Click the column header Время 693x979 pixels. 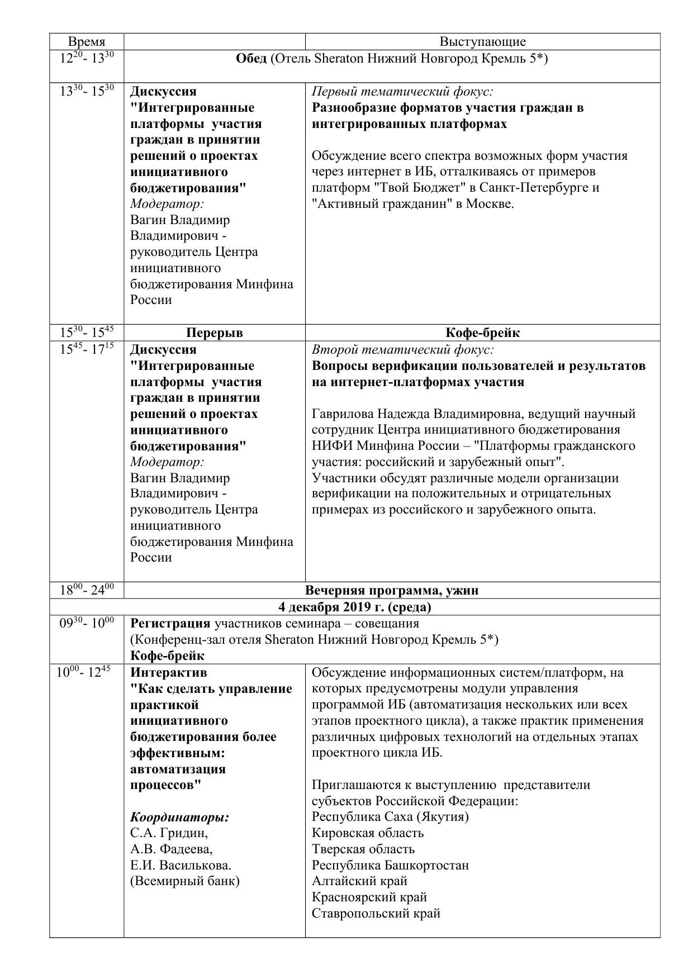[x=87, y=42]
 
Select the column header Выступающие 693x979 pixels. [x=482, y=42]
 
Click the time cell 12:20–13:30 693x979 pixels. [x=87, y=59]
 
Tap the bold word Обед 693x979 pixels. [x=251, y=59]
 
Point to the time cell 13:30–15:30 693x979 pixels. [x=87, y=92]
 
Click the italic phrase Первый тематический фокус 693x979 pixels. [x=402, y=92]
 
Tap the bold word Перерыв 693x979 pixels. [x=215, y=333]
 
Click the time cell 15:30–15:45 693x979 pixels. [x=87, y=333]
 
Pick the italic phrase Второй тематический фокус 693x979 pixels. [x=403, y=350]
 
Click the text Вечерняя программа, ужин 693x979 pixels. [x=392, y=591]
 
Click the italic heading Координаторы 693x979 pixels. [x=179, y=817]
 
